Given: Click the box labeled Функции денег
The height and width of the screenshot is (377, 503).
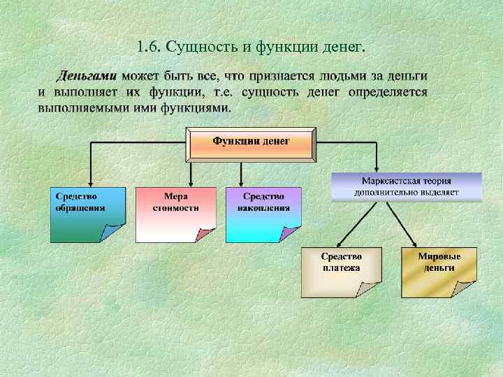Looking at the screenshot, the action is click(251, 142).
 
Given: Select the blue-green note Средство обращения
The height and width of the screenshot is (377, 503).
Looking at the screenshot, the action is click(87, 214).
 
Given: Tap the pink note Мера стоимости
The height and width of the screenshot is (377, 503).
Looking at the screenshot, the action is click(175, 214).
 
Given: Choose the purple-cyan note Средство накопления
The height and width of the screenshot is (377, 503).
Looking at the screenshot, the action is click(263, 214).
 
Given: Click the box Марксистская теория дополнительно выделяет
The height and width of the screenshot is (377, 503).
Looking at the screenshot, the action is click(406, 186).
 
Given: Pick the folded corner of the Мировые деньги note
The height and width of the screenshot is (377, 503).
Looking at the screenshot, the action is click(467, 289).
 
